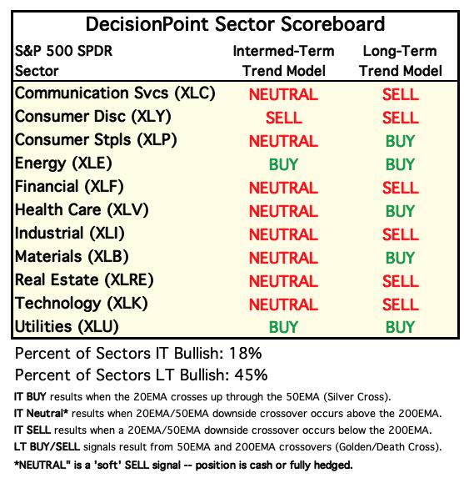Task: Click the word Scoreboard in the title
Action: point(332,24)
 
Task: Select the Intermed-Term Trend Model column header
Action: point(284,61)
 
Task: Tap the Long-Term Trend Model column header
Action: point(401,61)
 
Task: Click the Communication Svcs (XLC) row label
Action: point(115,93)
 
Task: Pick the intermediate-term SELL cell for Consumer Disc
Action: point(284,118)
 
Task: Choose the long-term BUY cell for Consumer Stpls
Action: point(400,141)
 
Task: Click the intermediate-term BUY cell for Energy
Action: point(283,164)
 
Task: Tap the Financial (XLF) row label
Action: point(69,187)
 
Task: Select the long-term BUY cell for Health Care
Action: point(400,211)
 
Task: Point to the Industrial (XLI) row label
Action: point(70,234)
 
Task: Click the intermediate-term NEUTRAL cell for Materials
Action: point(283,258)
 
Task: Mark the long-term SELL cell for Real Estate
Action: point(401,281)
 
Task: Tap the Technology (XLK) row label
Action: point(82,304)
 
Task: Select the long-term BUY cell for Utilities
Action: point(400,327)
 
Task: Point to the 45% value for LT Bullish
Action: point(252,375)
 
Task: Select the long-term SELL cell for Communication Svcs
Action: point(401,94)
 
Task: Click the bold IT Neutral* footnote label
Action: point(41,414)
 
